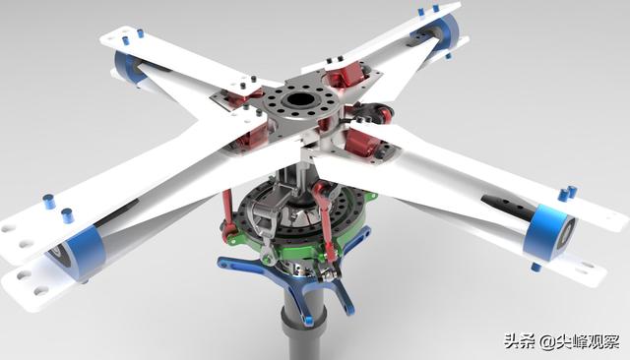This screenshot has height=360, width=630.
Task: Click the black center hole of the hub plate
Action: point(300,100)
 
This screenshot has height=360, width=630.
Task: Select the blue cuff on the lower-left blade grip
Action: point(83,249)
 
